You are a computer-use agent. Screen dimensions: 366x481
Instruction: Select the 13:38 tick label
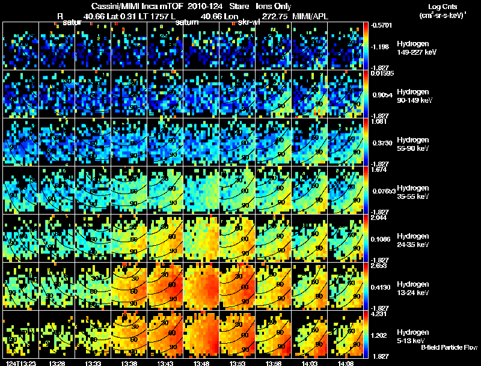[x=129, y=363]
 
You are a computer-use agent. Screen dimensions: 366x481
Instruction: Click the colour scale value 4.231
[x=378, y=313]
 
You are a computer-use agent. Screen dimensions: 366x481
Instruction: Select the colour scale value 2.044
[x=378, y=218]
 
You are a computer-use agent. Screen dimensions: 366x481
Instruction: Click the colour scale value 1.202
[x=378, y=336]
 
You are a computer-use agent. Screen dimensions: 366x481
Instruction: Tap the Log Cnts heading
[x=433, y=6]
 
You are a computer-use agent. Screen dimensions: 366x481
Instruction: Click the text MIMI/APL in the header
[x=311, y=16]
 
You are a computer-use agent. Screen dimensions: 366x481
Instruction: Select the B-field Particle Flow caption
[x=449, y=347]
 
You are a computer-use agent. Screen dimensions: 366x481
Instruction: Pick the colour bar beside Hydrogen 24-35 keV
[x=366, y=238]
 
